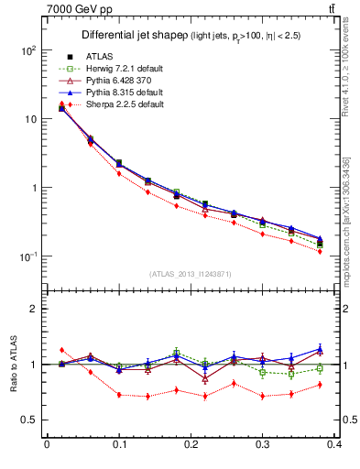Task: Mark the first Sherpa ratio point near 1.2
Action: [61, 350]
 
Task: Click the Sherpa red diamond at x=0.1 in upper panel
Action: [119, 173]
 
